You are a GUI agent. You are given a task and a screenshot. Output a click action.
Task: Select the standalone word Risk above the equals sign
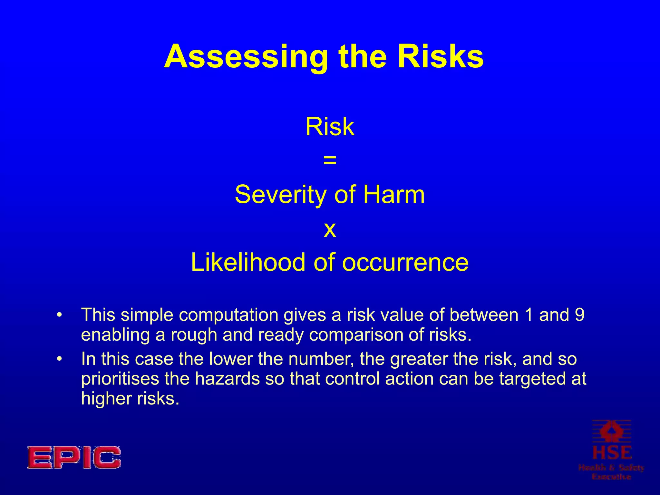coord(330,127)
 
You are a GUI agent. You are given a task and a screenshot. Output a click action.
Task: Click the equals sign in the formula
coord(330,160)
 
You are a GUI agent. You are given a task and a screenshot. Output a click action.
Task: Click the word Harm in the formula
coord(394,194)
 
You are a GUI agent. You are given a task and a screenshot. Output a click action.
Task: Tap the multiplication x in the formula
coord(330,229)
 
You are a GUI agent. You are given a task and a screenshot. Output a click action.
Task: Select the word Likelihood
coord(247,262)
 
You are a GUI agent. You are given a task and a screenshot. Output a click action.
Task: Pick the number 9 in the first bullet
coord(579,315)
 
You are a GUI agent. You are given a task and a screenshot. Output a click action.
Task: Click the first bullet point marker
coord(59,315)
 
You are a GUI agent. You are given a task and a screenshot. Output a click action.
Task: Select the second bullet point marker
coord(59,359)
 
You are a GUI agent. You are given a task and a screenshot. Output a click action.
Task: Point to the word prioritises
coord(120,379)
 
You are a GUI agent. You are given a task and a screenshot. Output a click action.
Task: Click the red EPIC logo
coord(74,457)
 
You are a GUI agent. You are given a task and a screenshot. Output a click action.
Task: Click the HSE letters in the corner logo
coord(612,453)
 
